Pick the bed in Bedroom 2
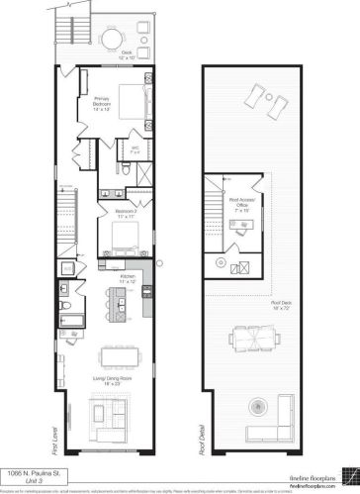pyautogui.click(x=126, y=236)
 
